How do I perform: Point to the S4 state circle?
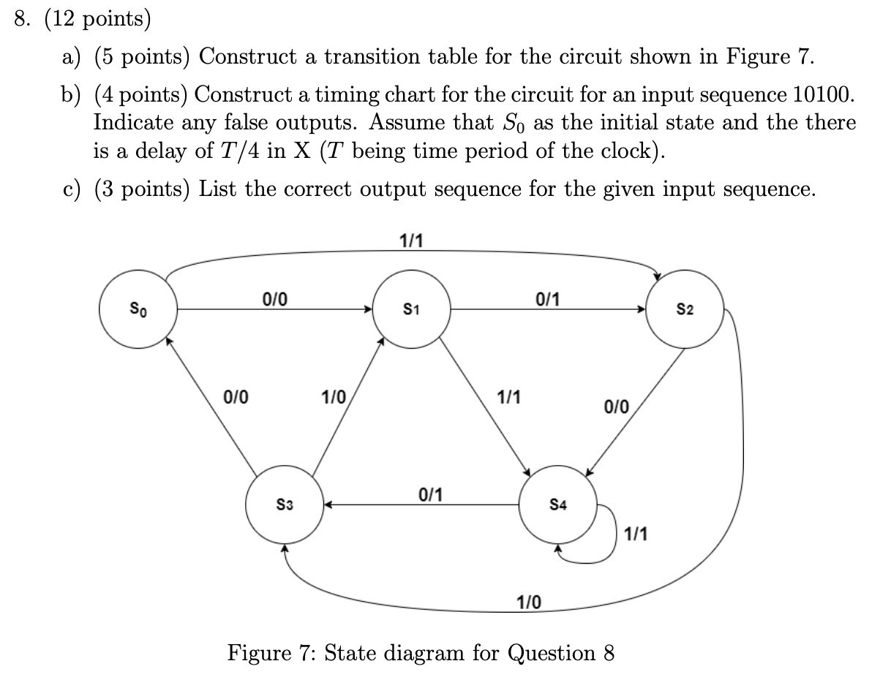(557, 505)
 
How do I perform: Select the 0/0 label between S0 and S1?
(274, 298)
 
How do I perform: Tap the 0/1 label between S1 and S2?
(548, 298)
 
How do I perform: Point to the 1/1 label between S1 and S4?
(508, 398)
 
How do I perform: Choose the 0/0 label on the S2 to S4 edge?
(616, 406)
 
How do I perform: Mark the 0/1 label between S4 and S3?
(429, 494)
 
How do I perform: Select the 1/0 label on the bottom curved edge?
(529, 602)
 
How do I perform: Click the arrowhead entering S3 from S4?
(328, 505)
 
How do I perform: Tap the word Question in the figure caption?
(557, 652)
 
